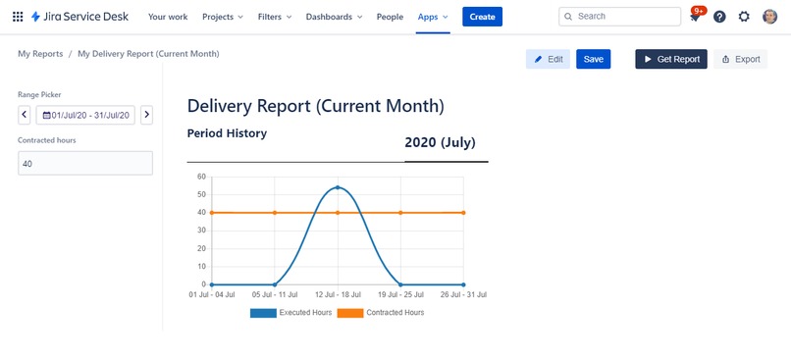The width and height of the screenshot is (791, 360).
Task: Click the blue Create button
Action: click(x=482, y=17)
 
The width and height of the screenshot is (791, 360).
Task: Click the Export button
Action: click(x=740, y=59)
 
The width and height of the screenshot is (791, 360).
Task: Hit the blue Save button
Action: click(x=593, y=59)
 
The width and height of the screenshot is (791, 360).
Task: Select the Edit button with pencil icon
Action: click(x=548, y=59)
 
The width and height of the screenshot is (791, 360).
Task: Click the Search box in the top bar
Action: click(x=619, y=17)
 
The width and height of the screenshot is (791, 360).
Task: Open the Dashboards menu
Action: click(x=334, y=17)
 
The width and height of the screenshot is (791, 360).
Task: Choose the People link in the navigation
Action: click(x=390, y=17)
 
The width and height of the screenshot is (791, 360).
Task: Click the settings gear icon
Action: click(x=744, y=17)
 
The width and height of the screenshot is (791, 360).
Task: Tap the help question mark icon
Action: click(x=720, y=17)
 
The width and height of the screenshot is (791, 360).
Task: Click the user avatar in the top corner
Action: click(x=769, y=17)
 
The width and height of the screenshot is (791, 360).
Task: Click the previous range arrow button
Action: click(x=25, y=115)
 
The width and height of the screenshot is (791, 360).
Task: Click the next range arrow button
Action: click(x=146, y=115)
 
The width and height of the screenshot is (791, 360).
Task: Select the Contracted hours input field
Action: click(x=85, y=163)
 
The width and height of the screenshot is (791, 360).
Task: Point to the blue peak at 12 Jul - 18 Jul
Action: click(x=338, y=186)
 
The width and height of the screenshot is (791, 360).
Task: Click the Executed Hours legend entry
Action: click(x=290, y=313)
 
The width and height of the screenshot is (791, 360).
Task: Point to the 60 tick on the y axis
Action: click(x=201, y=177)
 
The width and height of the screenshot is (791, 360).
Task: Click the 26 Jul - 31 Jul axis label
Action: click(x=462, y=294)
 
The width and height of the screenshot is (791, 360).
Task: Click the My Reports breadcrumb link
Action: click(x=40, y=53)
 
